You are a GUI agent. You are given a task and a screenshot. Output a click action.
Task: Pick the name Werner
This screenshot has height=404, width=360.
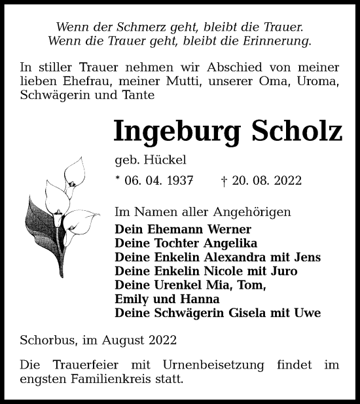click(x=228, y=230)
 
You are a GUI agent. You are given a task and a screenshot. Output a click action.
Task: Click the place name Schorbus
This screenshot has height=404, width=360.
click(x=47, y=340)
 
